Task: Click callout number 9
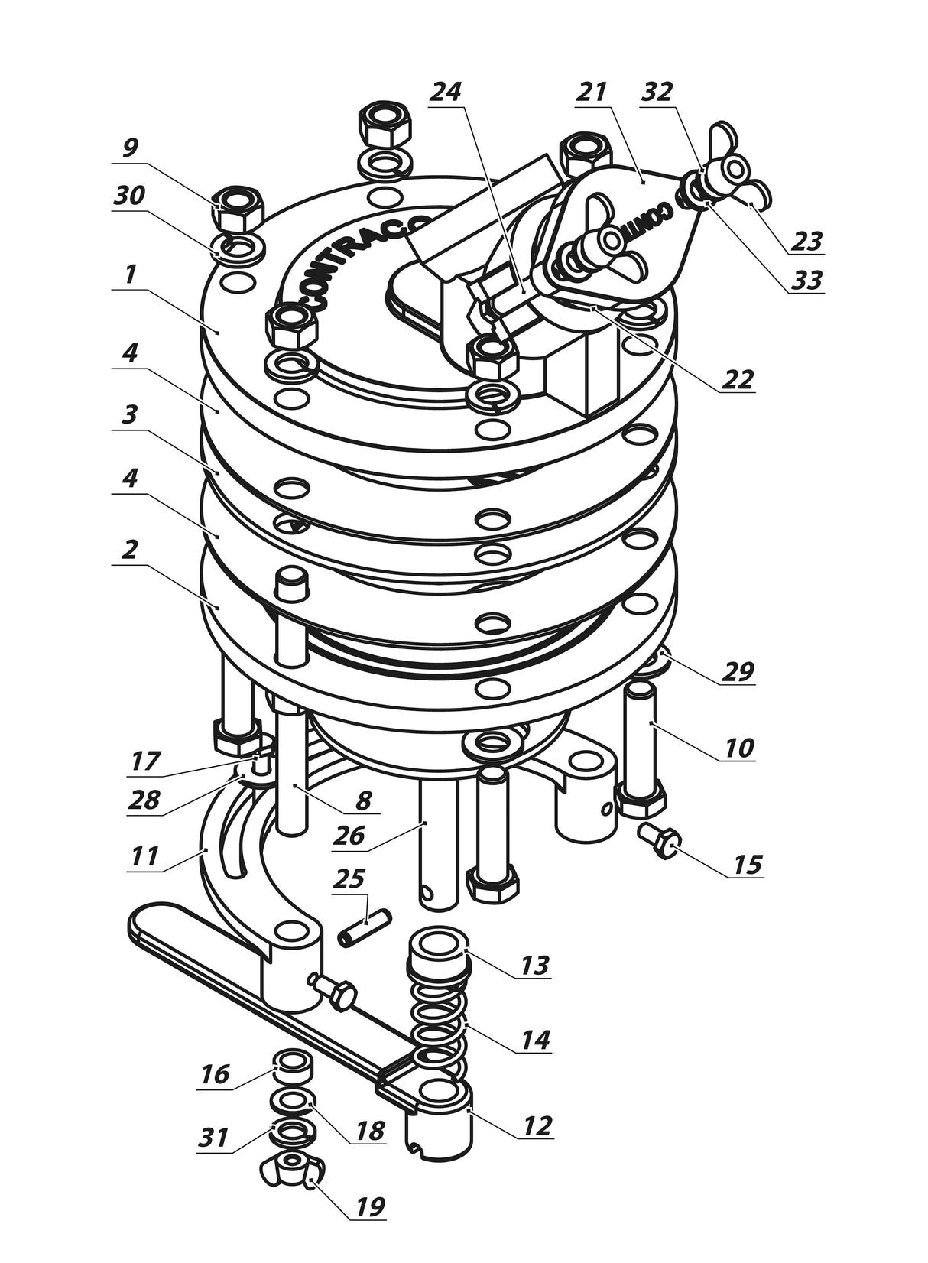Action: coord(129,148)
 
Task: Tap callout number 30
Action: coord(129,196)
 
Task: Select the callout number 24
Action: coord(446,91)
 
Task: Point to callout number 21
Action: coord(591,91)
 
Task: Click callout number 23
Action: coord(806,241)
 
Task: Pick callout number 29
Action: coord(738,672)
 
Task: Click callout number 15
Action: coord(747,864)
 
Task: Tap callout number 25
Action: coord(349,879)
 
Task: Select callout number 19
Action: coord(368,1207)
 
